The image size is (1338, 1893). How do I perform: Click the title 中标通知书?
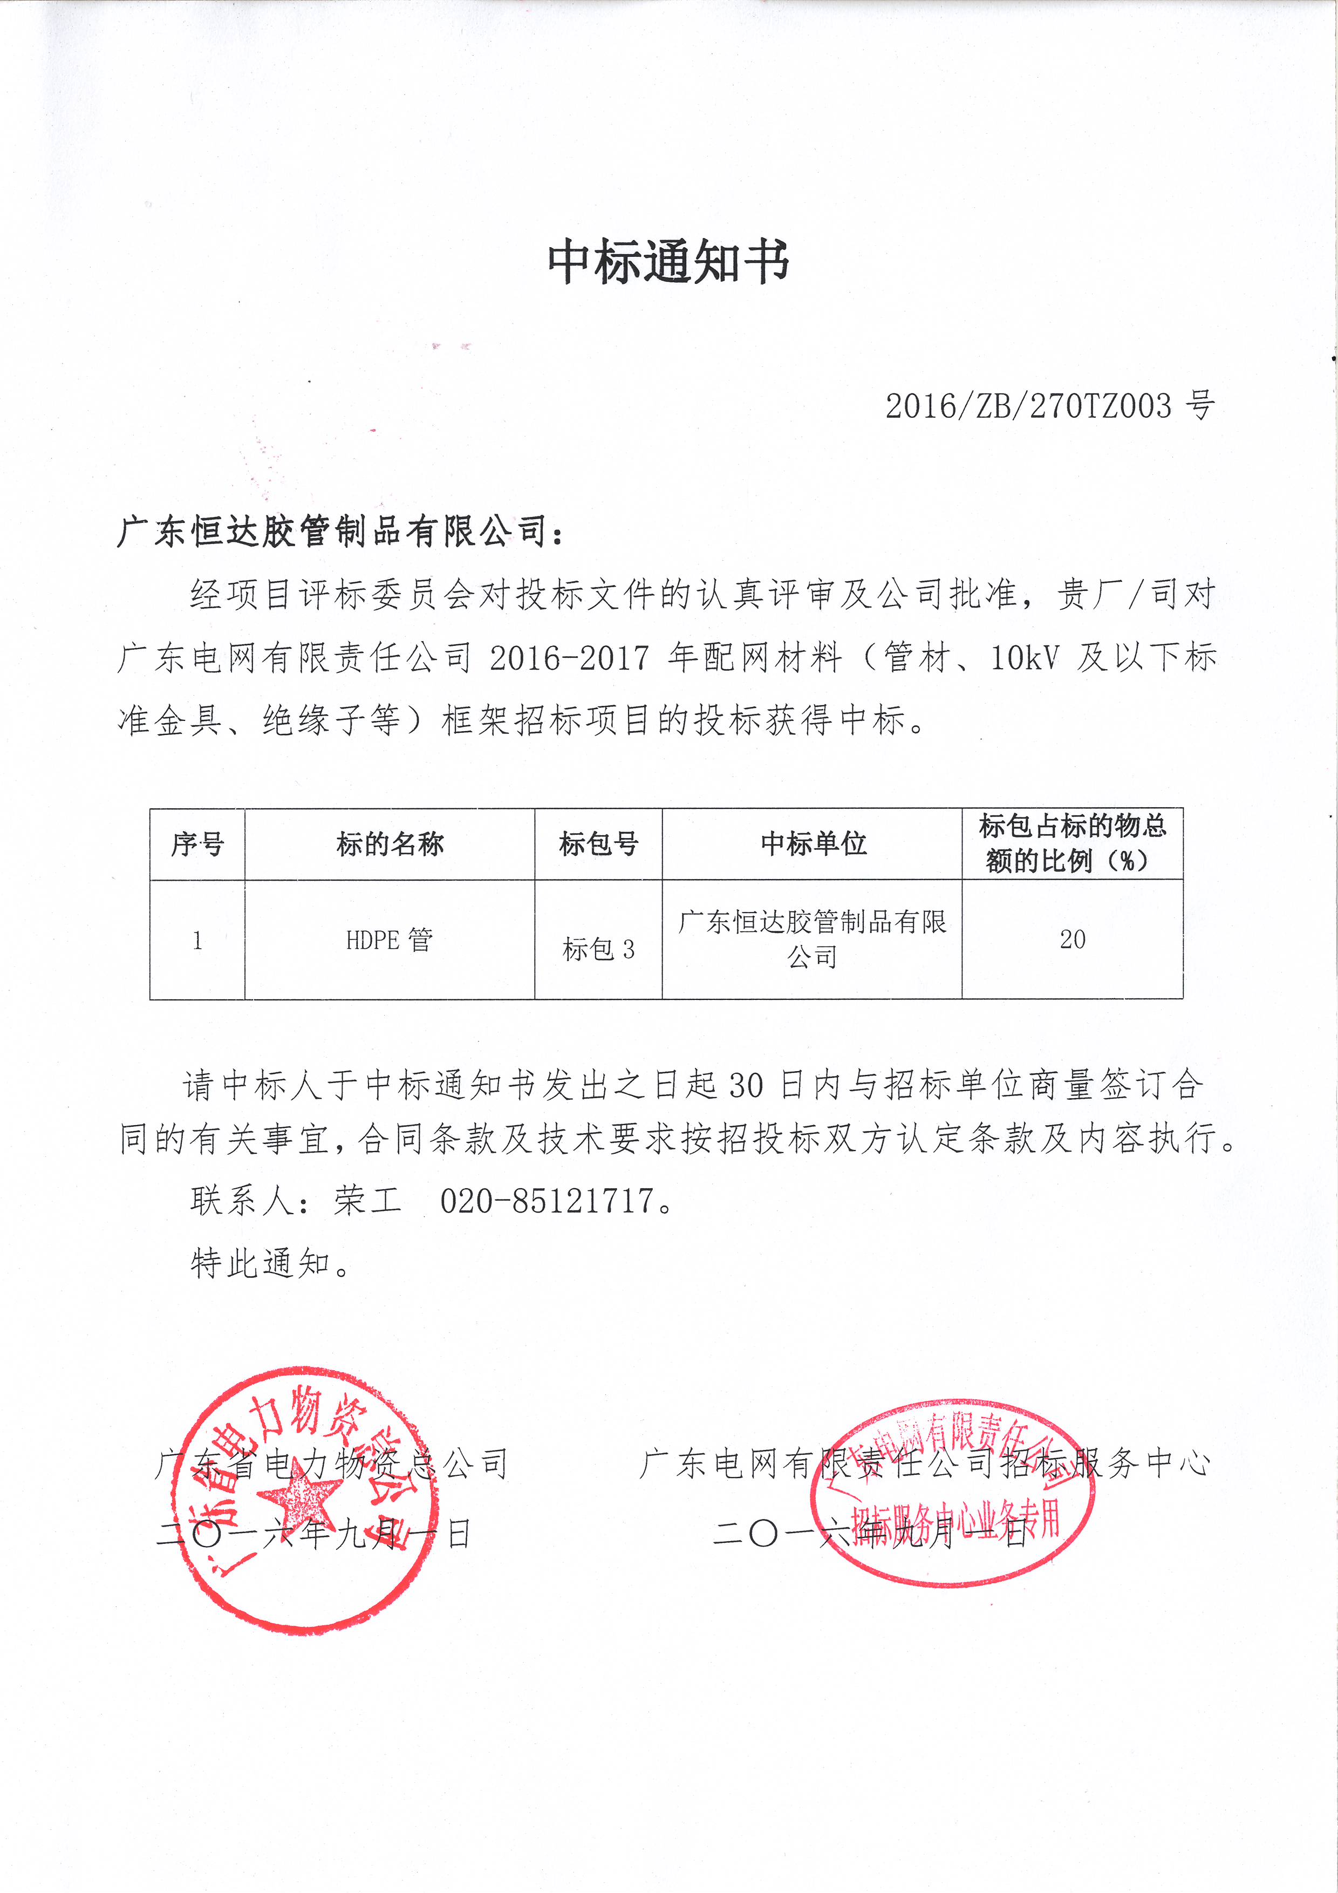668,262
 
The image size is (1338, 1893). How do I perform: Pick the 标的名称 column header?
390,843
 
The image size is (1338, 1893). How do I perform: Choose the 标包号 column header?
598,843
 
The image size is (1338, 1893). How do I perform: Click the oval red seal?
952,1492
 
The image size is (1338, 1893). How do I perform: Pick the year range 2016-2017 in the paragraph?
569,658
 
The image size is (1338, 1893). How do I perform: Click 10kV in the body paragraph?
1024,658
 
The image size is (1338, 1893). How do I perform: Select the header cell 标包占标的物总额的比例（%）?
1073,843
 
